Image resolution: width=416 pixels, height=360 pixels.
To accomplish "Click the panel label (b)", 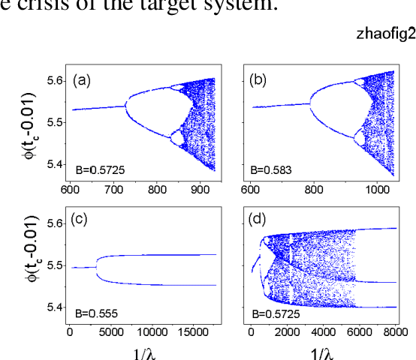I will pyautogui.click(x=262, y=80).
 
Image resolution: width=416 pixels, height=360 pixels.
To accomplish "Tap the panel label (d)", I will pyautogui.click(x=262, y=220).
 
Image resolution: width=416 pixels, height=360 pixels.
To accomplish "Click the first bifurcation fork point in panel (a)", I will pyautogui.click(x=125, y=106).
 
